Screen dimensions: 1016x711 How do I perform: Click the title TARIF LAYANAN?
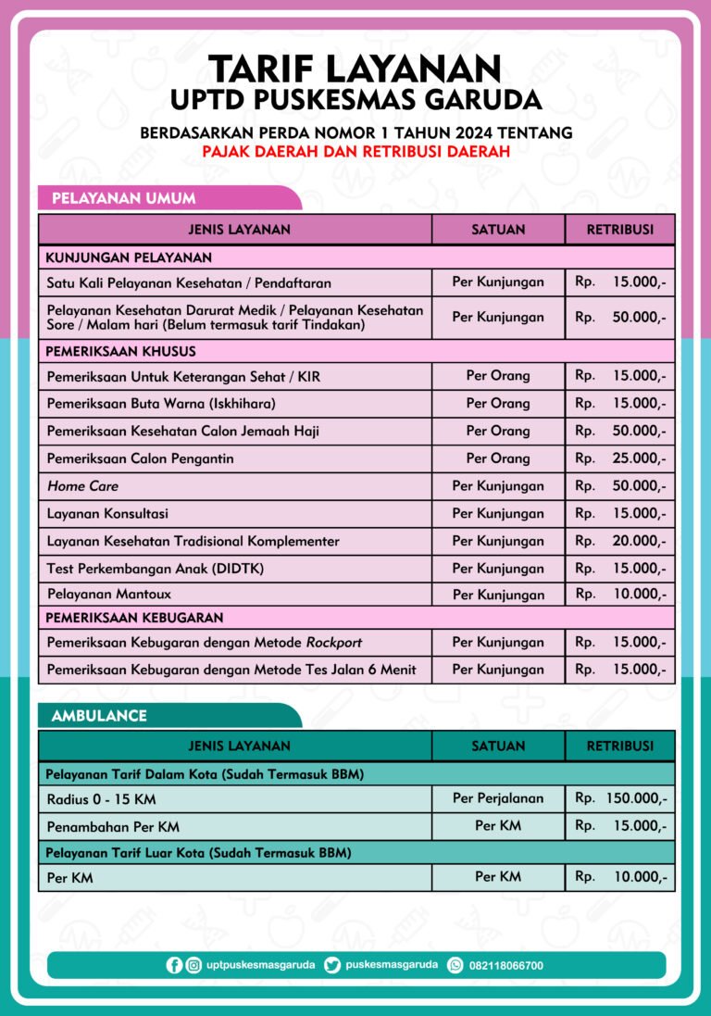tap(355, 69)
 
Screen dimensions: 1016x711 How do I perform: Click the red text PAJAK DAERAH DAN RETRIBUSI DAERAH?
tap(355, 152)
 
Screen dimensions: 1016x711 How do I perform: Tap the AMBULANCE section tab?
tap(99, 716)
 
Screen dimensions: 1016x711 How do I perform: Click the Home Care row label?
tap(82, 485)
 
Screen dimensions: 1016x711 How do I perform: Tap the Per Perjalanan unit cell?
tap(498, 797)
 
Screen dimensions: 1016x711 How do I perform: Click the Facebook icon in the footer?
tap(174, 965)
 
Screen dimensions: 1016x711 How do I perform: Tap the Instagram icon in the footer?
tap(193, 965)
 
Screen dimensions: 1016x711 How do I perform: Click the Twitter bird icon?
tap(332, 965)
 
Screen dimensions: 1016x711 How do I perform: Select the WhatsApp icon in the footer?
tap(455, 965)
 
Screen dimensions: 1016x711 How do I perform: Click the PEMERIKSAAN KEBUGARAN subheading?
tap(135, 617)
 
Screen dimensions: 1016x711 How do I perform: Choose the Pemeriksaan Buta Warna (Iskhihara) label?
tap(161, 404)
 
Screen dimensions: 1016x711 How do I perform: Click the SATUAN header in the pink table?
tap(498, 229)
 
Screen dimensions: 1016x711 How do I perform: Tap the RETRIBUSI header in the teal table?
tap(620, 746)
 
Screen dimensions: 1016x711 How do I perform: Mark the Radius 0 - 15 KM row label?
tap(101, 798)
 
